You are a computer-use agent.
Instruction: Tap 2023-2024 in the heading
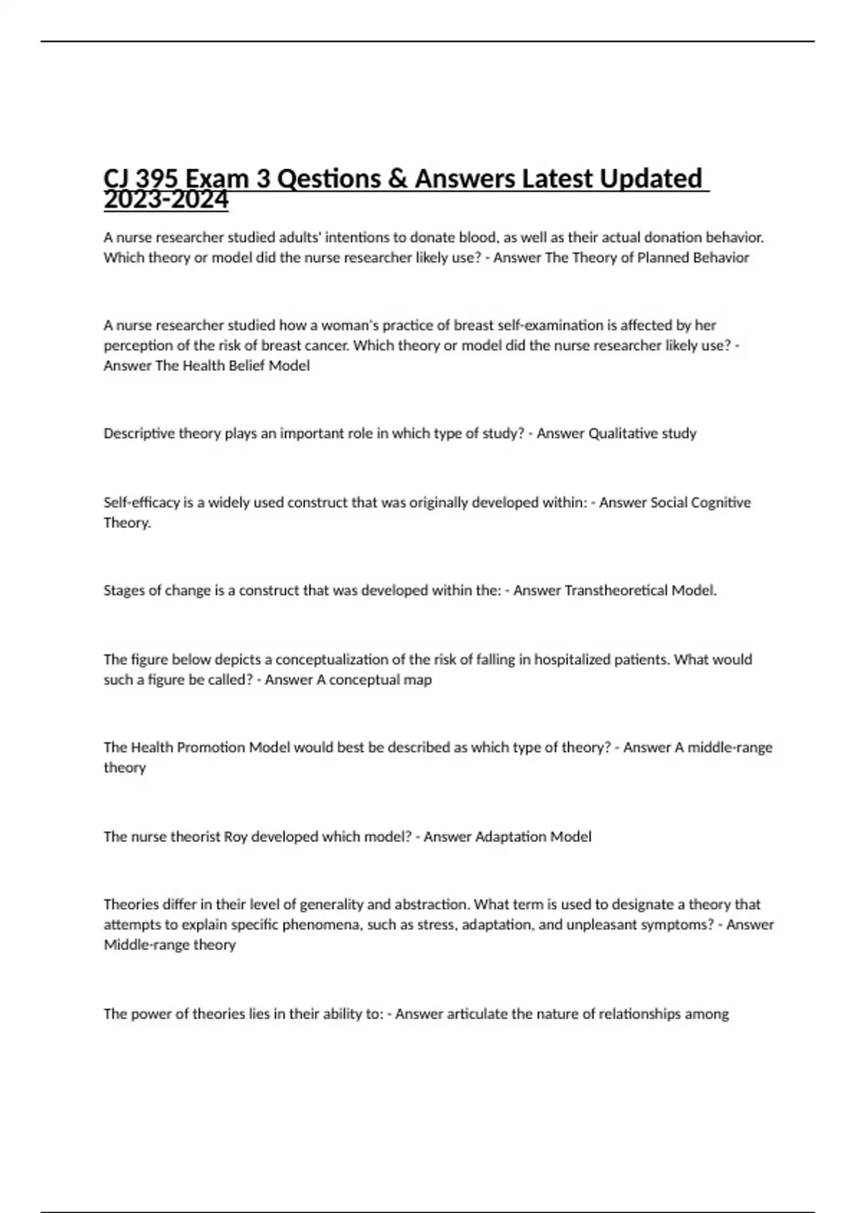click(x=165, y=201)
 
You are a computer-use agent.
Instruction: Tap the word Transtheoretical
click(x=616, y=591)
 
